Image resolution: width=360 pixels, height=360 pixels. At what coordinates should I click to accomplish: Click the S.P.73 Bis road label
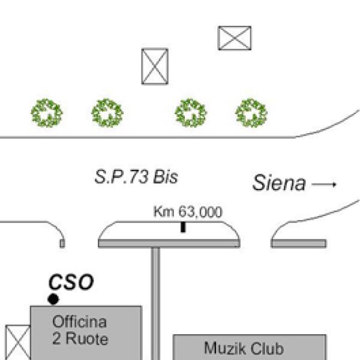[x=137, y=178]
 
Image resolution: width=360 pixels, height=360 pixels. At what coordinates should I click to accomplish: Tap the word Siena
[x=278, y=182]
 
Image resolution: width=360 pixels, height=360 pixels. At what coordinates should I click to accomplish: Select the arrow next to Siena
[x=325, y=184]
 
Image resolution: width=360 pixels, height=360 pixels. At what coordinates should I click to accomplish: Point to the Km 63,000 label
[x=188, y=212]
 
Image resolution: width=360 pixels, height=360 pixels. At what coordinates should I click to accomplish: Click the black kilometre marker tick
[x=183, y=227]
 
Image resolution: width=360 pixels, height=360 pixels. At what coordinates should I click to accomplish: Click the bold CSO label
[x=71, y=282]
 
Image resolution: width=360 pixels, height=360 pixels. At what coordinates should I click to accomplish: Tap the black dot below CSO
[x=53, y=299]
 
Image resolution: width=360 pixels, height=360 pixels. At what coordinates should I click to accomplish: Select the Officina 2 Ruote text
[x=80, y=330]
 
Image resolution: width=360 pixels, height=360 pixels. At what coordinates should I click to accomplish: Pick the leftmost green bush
[x=47, y=113]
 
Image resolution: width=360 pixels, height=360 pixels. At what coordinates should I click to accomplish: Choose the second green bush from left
[x=107, y=113]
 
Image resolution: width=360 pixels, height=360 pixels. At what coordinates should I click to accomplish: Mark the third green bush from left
[x=191, y=113]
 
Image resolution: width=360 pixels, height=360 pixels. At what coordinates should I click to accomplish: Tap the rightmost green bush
[x=251, y=112]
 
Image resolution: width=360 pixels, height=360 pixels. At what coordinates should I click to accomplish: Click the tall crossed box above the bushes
[x=154, y=66]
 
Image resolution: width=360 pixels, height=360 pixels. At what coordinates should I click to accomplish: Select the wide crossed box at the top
[x=234, y=38]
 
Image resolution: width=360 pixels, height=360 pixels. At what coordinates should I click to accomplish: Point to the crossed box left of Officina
[x=17, y=343]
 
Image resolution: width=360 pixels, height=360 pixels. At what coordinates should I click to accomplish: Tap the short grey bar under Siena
[x=299, y=243]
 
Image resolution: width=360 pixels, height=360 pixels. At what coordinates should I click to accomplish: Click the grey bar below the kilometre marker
[x=169, y=243]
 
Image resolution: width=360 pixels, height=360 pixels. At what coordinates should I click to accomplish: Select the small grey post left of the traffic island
[x=62, y=243]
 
